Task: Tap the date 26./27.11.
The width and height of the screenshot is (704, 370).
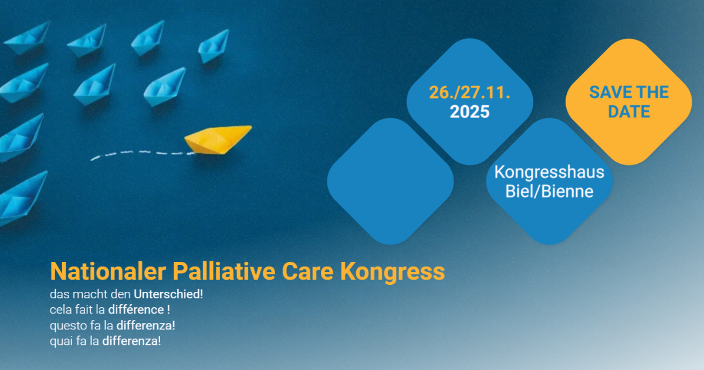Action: pos(469,93)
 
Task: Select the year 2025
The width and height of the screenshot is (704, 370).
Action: pos(469,112)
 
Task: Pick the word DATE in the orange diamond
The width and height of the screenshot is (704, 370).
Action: pos(628,112)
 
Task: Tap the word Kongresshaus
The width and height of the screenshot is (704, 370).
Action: pos(549,172)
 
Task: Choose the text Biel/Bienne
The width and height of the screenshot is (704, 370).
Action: pos(549,191)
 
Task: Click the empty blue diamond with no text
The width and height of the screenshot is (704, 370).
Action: pos(390,181)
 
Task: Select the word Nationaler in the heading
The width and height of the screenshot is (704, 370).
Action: pos(108,271)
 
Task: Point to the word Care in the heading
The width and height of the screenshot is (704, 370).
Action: pos(307,271)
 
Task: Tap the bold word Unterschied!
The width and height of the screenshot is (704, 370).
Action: pos(168,294)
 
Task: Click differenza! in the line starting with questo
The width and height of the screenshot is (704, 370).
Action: pos(146,325)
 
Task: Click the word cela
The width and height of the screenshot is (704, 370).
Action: pos(60,310)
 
